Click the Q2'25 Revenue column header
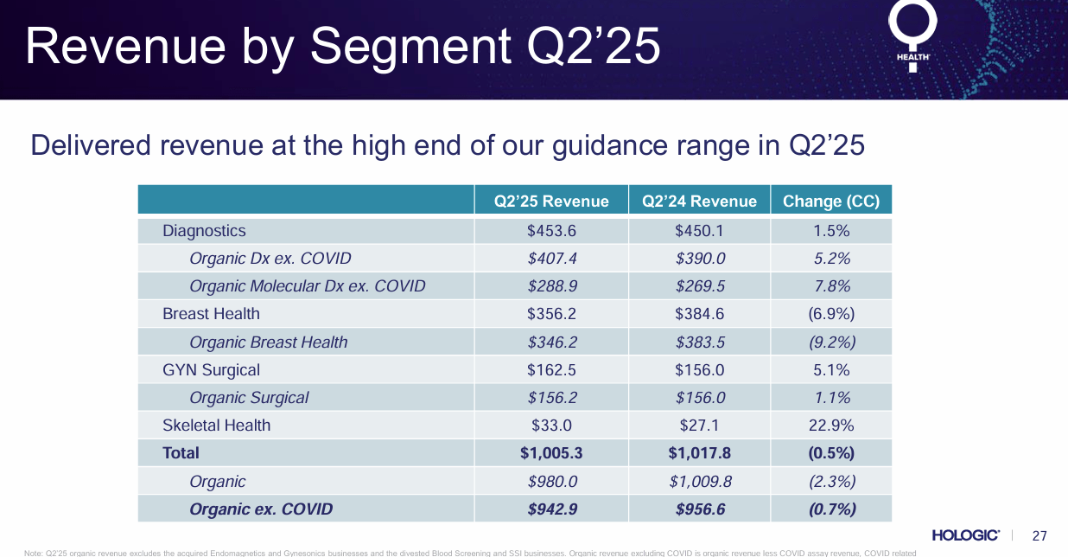[551, 202]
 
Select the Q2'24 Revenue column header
[699, 202]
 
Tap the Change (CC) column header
[830, 202]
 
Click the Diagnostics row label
[204, 231]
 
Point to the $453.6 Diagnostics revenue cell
[551, 231]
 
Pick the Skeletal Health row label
[216, 426]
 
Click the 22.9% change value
[830, 426]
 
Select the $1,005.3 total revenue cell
[551, 453]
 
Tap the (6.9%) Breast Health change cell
[830, 314]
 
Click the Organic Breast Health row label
[268, 343]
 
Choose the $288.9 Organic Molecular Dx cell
[551, 286]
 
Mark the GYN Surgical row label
[211, 370]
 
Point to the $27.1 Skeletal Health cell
[699, 426]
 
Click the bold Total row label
[181, 453]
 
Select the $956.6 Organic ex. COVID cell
[699, 509]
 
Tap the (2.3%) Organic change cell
[830, 482]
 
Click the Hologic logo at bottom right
[966, 535]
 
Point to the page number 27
[1039, 535]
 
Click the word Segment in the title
[407, 48]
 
